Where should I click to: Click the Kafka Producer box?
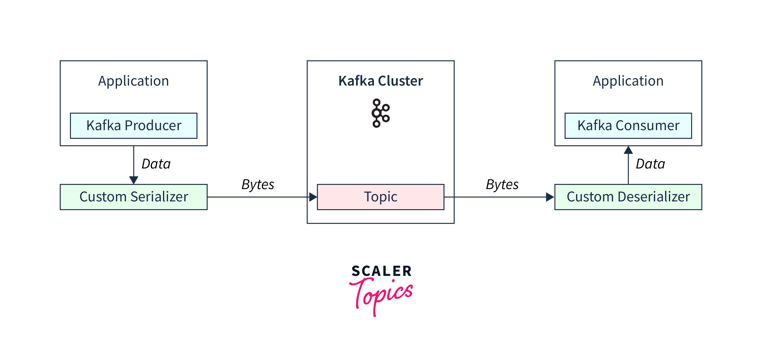(134, 126)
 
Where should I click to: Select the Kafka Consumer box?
(628, 126)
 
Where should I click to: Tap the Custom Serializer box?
(134, 197)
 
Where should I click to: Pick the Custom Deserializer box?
(628, 197)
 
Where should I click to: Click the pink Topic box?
(380, 197)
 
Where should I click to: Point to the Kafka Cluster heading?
(380, 81)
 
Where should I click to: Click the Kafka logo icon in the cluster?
(380, 113)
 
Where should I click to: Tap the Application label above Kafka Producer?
(134, 81)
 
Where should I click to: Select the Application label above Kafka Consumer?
(628, 81)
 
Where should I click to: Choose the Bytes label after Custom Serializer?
(258, 184)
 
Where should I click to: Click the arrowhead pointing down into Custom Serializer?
(134, 180)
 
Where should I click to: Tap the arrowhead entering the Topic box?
(313, 197)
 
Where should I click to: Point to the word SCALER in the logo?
(381, 271)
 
